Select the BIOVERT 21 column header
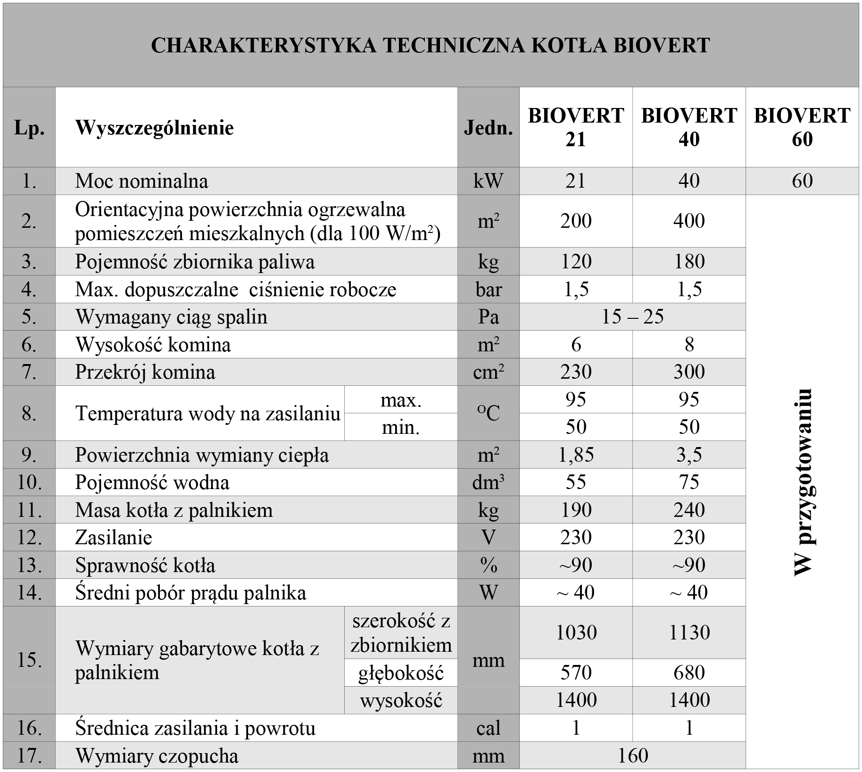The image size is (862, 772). tap(576, 127)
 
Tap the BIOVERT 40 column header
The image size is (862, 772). tap(689, 127)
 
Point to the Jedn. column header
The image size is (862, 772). tap(488, 128)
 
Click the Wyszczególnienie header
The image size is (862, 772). tap(154, 128)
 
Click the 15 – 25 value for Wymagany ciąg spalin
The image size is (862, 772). tap(632, 317)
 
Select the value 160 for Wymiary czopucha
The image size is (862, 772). tap(632, 755)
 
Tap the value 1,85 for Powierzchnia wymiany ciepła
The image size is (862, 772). tap(576, 455)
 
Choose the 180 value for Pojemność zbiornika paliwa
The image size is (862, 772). tap(689, 262)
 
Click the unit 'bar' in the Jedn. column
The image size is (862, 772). tap(488, 290)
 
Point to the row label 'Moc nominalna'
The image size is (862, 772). tap(141, 181)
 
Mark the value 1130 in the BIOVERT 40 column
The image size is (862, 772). tap(689, 632)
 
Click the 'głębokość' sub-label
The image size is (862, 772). tap(401, 673)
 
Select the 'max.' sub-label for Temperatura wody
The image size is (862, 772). tap(401, 400)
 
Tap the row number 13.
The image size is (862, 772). tap(29, 565)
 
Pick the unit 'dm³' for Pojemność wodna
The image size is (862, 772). tap(488, 482)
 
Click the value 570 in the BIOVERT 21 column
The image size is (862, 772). tap(576, 672)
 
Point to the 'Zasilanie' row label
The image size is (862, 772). tap(114, 538)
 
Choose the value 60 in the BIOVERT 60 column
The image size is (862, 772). tap(802, 181)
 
